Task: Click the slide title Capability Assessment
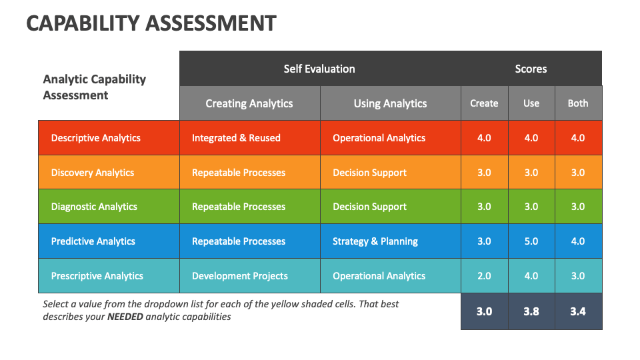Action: [151, 23]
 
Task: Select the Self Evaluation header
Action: [319, 69]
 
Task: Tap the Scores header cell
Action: [531, 69]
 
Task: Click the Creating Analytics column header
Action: [249, 103]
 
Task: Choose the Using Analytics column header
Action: [390, 103]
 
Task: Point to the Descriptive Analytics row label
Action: [96, 138]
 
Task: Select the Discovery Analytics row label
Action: [93, 173]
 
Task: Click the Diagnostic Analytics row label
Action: [94, 207]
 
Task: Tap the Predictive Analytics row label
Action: [93, 241]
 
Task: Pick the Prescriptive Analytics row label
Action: [97, 276]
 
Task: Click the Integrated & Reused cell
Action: [236, 138]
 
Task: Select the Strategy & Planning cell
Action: [375, 241]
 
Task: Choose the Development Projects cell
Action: [240, 276]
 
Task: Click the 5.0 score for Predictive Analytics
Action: [531, 241]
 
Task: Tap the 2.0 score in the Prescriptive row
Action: [484, 276]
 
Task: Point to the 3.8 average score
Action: [531, 311]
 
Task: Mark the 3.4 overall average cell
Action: [578, 311]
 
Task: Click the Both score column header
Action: [578, 103]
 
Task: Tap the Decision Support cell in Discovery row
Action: [369, 173]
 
